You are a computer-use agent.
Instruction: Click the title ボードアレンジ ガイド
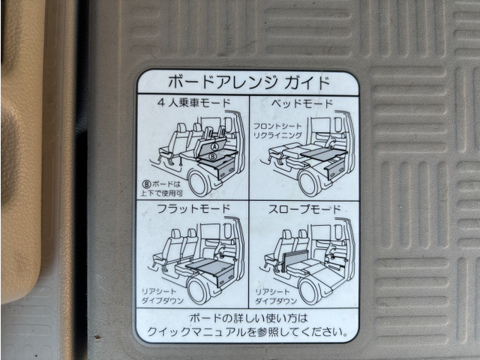(x=249, y=82)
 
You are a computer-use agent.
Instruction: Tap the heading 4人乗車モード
(x=193, y=103)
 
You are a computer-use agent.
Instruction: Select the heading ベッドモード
(x=301, y=103)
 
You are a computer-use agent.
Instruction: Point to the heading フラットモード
(x=193, y=208)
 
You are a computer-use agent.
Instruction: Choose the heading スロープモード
(x=304, y=209)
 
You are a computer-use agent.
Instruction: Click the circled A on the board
(x=214, y=147)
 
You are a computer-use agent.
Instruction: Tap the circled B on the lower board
(x=212, y=157)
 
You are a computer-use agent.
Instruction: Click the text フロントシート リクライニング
(x=277, y=130)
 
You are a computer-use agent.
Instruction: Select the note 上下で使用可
(x=162, y=193)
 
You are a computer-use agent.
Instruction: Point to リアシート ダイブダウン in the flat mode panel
(x=162, y=296)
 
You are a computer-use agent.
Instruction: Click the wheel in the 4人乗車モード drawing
(x=199, y=183)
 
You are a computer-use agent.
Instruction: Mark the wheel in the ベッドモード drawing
(x=310, y=183)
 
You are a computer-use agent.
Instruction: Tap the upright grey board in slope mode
(x=296, y=260)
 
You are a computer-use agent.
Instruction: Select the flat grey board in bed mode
(x=323, y=151)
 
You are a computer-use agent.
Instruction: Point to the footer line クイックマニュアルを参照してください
(x=247, y=331)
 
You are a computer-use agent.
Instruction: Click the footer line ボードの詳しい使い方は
(x=248, y=318)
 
